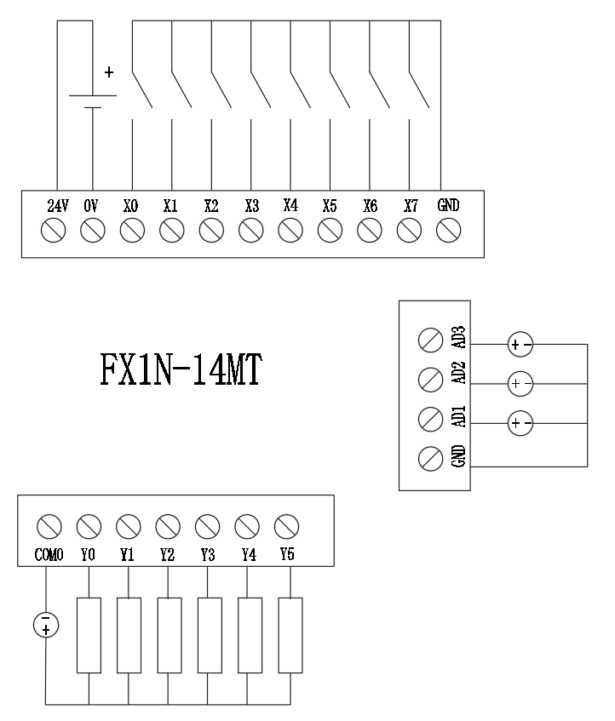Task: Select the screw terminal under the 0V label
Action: [x=92, y=229]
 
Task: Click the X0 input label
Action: [x=131, y=206]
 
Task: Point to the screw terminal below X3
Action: [x=251, y=229]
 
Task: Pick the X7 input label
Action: [x=411, y=206]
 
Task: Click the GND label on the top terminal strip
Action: [x=449, y=206]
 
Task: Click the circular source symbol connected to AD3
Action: [x=520, y=345]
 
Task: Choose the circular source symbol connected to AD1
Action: [x=520, y=422]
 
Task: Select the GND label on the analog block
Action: [x=459, y=456]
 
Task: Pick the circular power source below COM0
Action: [x=46, y=624]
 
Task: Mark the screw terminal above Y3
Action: [x=207, y=524]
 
